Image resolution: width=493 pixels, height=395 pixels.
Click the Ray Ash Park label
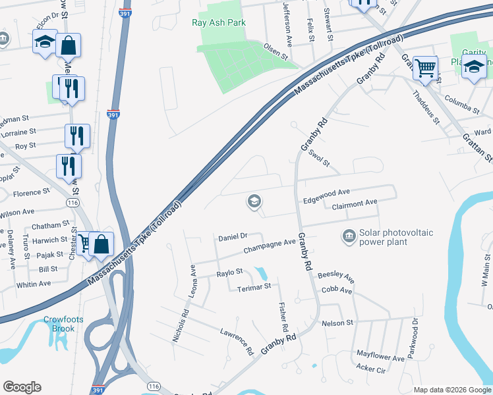pyautogui.click(x=218, y=22)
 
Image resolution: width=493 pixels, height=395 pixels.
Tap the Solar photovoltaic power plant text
pyautogui.click(x=388, y=237)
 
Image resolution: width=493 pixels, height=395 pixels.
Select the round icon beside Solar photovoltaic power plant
pyautogui.click(x=348, y=235)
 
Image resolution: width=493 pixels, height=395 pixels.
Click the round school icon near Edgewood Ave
pyautogui.click(x=254, y=201)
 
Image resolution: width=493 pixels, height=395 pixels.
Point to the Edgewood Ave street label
pyautogui.click(x=326, y=192)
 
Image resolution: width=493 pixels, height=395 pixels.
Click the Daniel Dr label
pyautogui.click(x=232, y=236)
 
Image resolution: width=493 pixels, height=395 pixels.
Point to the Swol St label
pyautogui.click(x=318, y=157)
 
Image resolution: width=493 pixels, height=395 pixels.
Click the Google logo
pyautogui.click(x=22, y=386)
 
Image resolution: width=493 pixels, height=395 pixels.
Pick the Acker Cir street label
pyautogui.click(x=370, y=370)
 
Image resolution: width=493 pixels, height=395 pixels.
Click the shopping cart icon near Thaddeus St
pyautogui.click(x=426, y=67)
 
